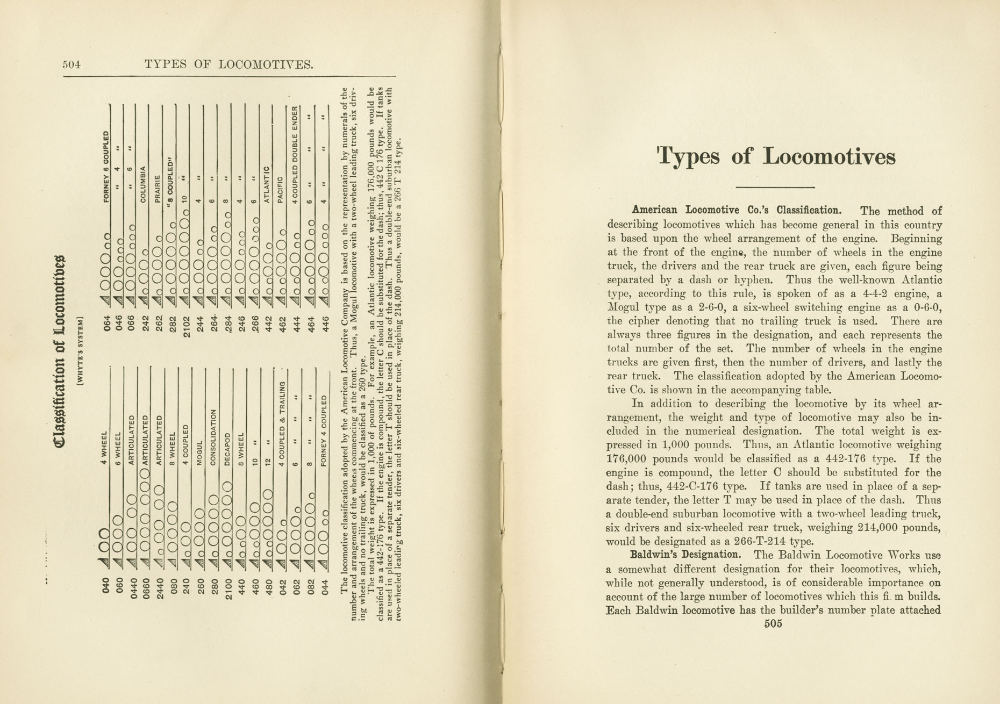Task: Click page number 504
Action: [x=71, y=65]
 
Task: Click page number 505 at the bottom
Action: [x=773, y=624]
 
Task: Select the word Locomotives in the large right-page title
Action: [x=829, y=157]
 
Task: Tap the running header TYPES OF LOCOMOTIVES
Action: [x=229, y=65]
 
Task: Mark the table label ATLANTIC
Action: [x=266, y=184]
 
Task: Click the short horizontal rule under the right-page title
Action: [x=775, y=187]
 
